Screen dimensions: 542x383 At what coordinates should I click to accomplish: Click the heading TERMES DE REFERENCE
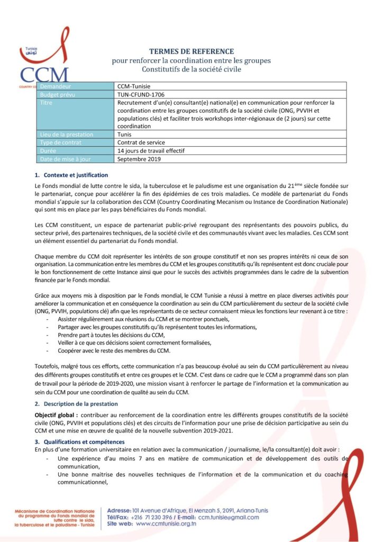191,51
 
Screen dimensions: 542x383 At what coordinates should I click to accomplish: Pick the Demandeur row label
59,86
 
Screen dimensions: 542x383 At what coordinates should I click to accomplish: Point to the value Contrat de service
141,142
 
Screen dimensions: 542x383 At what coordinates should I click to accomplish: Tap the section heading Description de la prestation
79,404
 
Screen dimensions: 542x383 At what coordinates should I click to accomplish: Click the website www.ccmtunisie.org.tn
166,524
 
